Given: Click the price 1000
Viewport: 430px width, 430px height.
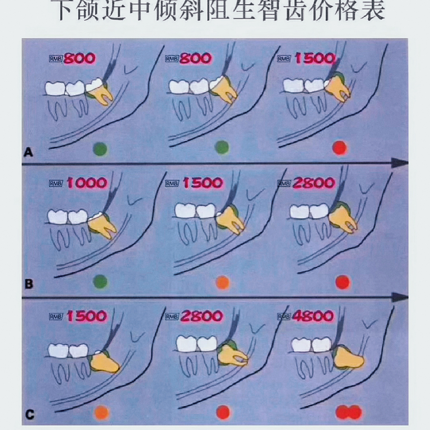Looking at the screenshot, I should pyautogui.click(x=87, y=183).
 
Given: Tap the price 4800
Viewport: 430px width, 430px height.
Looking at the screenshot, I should pyautogui.click(x=313, y=316).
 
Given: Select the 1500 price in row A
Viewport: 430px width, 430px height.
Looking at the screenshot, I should pyautogui.click(x=315, y=59).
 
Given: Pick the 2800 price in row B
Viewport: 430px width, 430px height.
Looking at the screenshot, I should pyautogui.click(x=313, y=183).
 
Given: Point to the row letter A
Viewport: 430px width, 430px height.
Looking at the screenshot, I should pyautogui.click(x=28, y=151).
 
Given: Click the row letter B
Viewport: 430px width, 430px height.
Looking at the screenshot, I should pyautogui.click(x=29, y=284).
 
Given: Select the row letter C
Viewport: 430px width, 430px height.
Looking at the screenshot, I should pyautogui.click(x=29, y=416).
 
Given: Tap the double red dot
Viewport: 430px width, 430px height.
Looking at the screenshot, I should pyautogui.click(x=348, y=412).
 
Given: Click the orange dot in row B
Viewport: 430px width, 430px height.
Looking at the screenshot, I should pyautogui.click(x=223, y=282).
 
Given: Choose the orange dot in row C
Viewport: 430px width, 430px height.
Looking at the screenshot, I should pyautogui.click(x=102, y=412).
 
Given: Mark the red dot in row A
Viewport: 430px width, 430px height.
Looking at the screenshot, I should pyautogui.click(x=339, y=148).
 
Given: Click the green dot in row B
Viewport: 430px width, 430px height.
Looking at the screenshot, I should pyautogui.click(x=100, y=281).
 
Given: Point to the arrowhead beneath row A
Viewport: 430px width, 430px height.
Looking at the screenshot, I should pyautogui.click(x=399, y=162).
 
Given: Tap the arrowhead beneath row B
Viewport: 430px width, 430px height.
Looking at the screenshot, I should pyautogui.click(x=399, y=297).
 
